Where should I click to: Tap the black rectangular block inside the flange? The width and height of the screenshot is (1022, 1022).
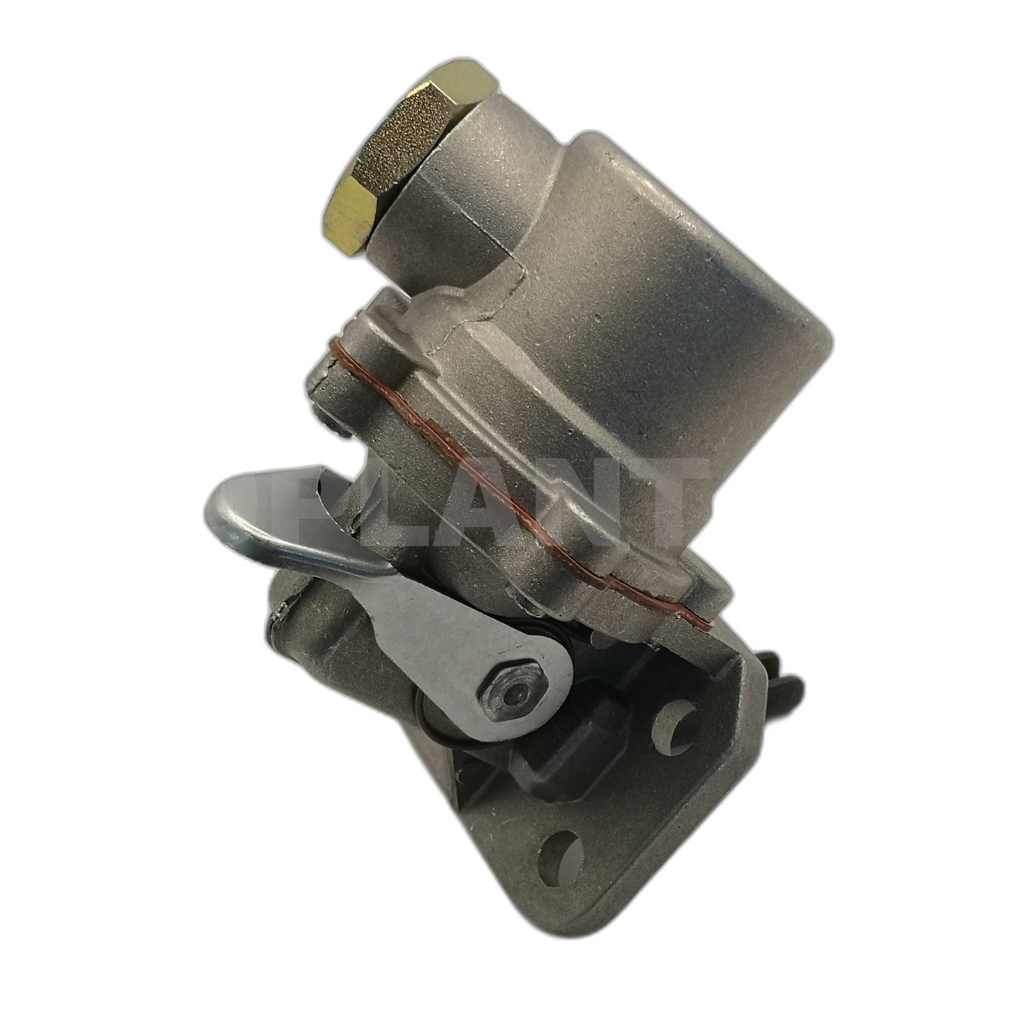(x=559, y=760)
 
